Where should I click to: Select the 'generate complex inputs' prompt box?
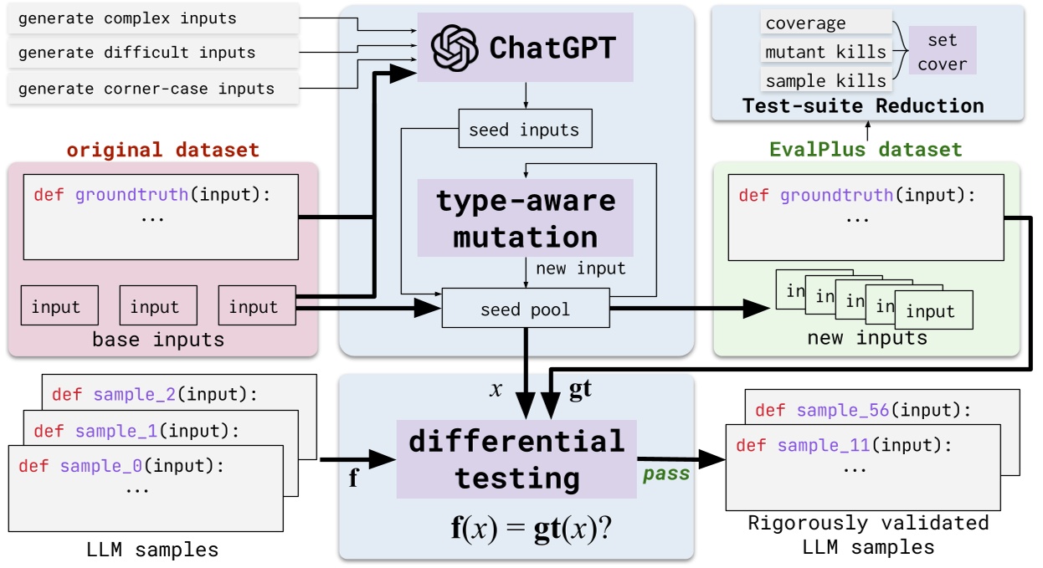[x=152, y=18]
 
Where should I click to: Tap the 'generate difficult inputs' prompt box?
[x=152, y=53]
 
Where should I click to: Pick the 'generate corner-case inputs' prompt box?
[x=152, y=88]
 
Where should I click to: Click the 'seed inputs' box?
[x=525, y=130]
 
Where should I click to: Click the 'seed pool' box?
[x=525, y=310]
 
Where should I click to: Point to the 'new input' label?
[x=580, y=269]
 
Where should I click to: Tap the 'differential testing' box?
[x=516, y=459]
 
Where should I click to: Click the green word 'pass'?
[x=666, y=474]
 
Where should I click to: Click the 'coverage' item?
[x=806, y=23]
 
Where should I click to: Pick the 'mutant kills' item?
[x=825, y=52]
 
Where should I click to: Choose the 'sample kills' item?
[x=825, y=80]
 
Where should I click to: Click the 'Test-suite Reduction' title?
[x=863, y=106]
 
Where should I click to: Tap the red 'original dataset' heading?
[x=163, y=150]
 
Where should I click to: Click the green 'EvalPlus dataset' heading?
[x=866, y=150]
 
